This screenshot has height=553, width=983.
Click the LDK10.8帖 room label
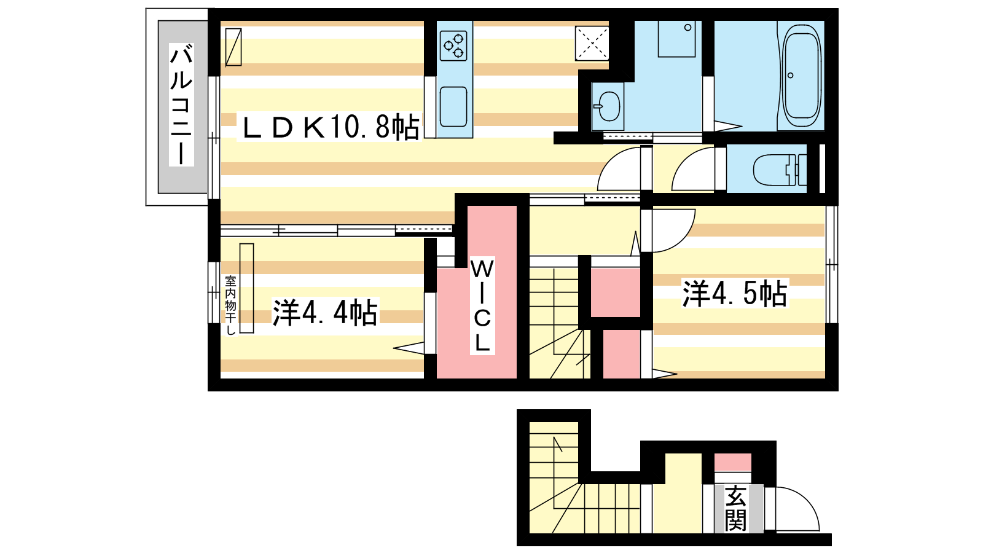click(329, 127)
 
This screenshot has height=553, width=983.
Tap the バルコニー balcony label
click(181, 104)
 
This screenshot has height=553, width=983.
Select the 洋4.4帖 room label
click(325, 313)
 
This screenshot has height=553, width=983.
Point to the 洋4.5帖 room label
click(735, 293)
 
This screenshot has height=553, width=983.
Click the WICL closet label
click(482, 305)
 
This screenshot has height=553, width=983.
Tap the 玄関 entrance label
click(735, 508)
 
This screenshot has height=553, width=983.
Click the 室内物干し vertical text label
click(230, 305)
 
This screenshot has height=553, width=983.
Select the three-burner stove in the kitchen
click(453, 45)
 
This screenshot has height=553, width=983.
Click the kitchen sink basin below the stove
click(453, 107)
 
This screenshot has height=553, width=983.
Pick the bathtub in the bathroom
click(801, 76)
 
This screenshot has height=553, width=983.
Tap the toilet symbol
click(780, 170)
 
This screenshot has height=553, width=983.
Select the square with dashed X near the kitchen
click(592, 43)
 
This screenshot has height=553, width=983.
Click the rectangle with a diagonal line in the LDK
click(233, 47)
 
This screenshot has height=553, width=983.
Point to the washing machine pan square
click(676, 39)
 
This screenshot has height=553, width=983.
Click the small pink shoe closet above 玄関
click(732, 462)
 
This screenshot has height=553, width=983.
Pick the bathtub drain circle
click(790, 76)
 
